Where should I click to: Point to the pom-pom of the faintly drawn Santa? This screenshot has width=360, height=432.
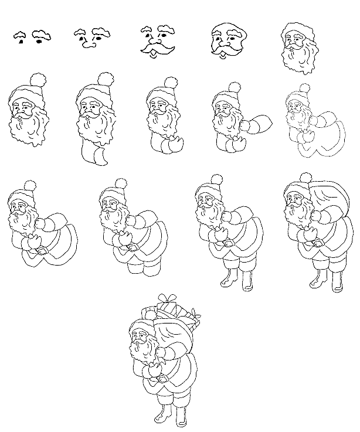(x=304, y=89)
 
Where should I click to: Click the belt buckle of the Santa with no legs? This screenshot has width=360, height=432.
(x=41, y=250)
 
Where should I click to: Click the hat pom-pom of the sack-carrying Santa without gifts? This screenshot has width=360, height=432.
(x=305, y=177)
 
